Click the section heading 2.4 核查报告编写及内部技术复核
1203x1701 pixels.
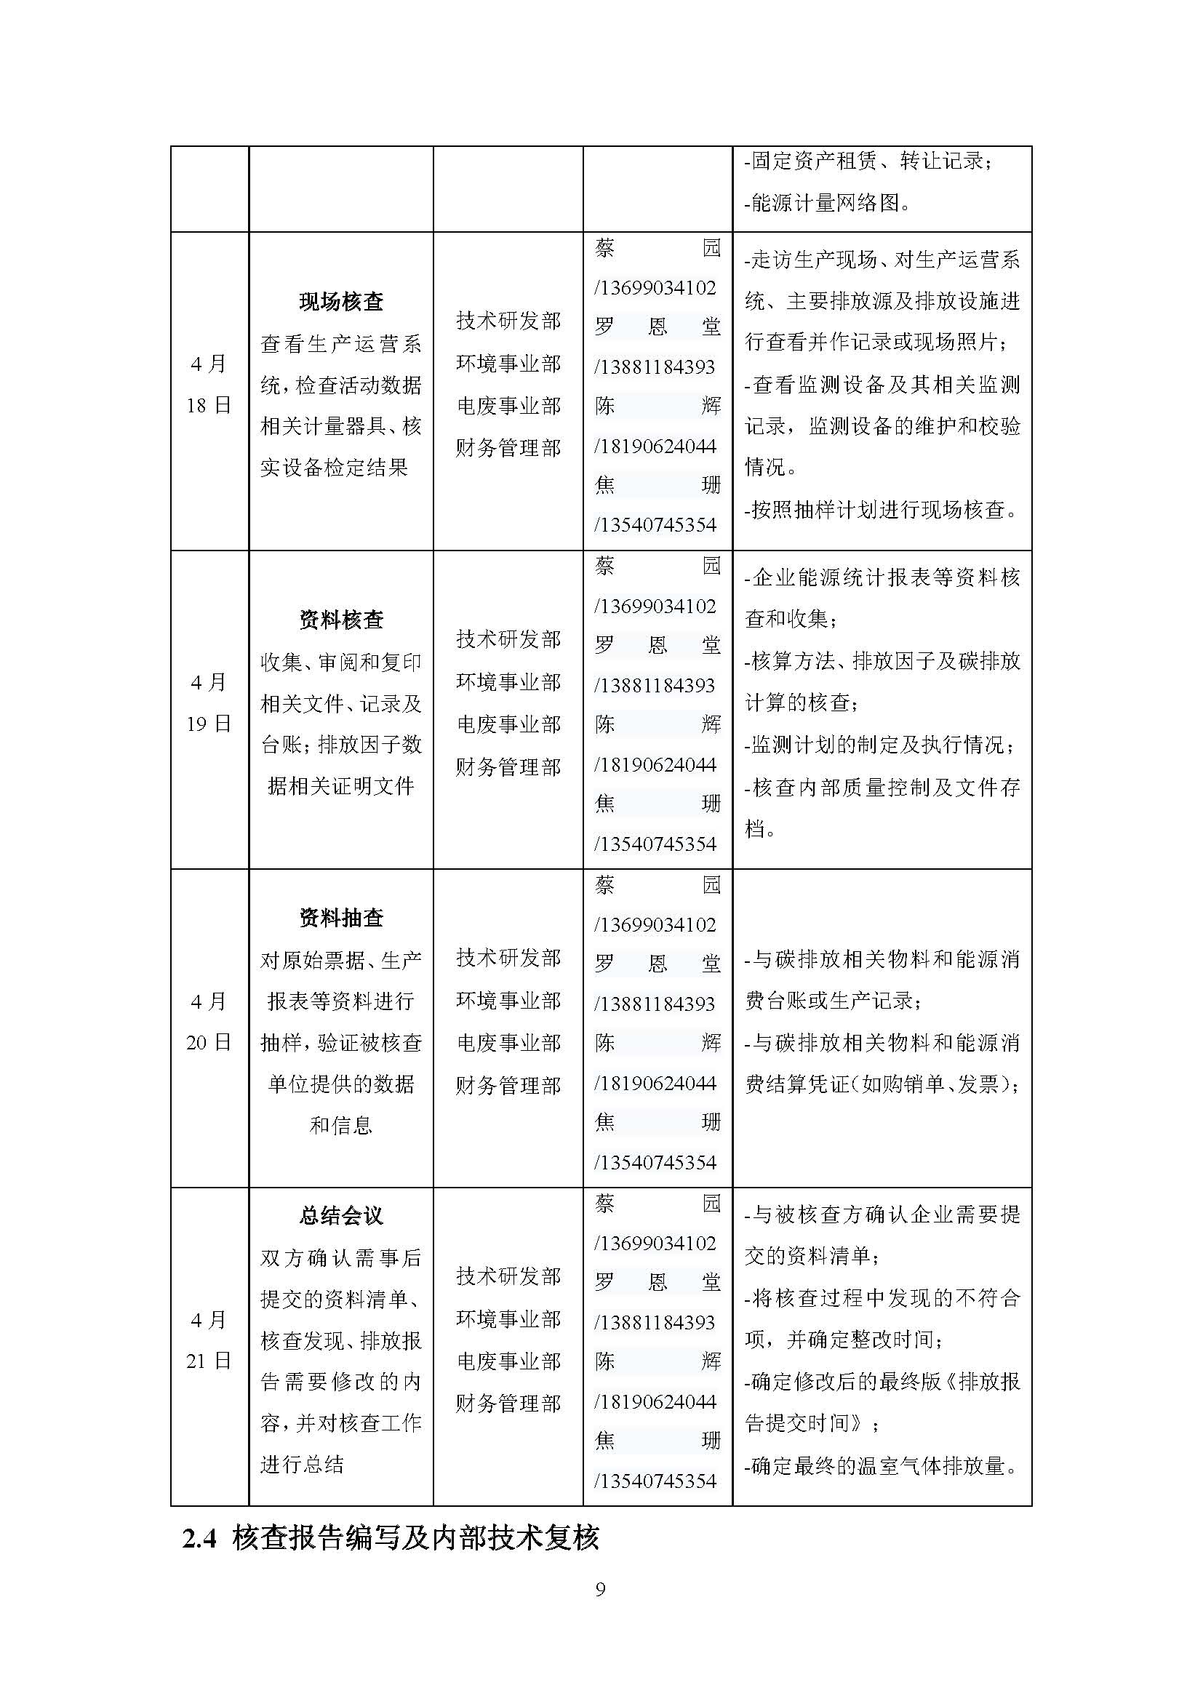click(391, 1539)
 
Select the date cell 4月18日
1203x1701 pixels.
click(209, 385)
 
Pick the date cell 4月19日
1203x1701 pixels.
click(209, 703)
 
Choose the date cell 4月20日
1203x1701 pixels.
click(209, 1022)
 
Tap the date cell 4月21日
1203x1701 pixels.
click(209, 1340)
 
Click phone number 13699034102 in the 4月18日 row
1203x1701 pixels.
click(656, 287)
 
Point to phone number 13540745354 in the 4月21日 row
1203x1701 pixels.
click(656, 1481)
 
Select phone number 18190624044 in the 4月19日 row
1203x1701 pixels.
click(656, 764)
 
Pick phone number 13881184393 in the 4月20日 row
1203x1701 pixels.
click(656, 1004)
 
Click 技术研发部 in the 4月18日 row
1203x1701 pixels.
click(508, 321)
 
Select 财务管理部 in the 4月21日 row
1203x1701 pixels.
click(508, 1403)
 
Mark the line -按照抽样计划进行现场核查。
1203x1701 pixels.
click(882, 509)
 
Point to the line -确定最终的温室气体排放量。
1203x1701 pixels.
click(882, 1465)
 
